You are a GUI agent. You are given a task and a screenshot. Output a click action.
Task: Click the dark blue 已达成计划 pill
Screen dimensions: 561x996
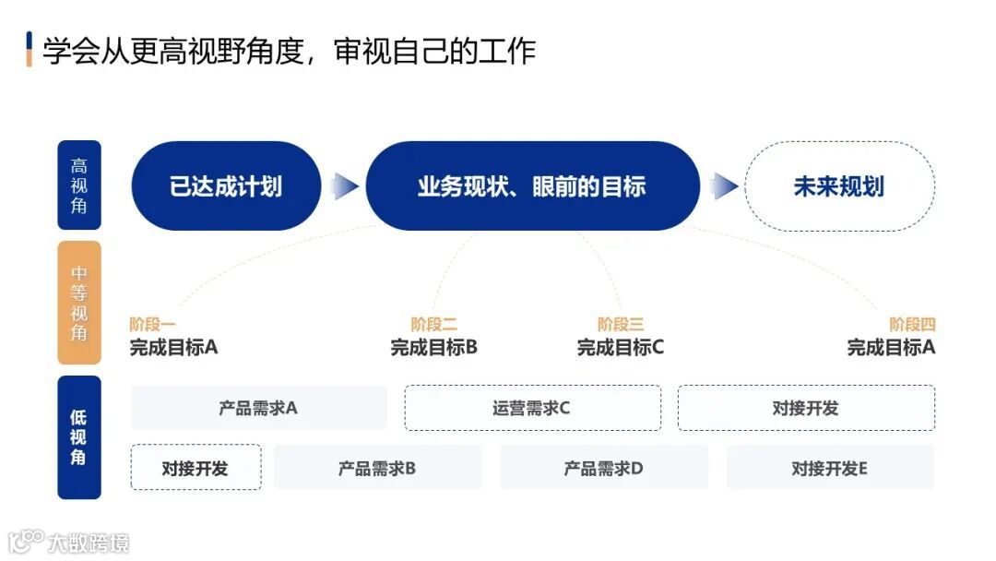pyautogui.click(x=226, y=186)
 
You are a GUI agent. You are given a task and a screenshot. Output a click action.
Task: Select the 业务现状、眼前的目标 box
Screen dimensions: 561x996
pyautogui.click(x=532, y=186)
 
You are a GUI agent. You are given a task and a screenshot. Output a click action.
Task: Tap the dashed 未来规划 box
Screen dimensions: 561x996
pyautogui.click(x=838, y=186)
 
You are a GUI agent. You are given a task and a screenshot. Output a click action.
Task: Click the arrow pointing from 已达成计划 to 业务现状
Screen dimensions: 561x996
pyautogui.click(x=345, y=186)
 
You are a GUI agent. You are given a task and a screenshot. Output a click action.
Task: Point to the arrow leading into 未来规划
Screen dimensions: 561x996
pyautogui.click(x=726, y=186)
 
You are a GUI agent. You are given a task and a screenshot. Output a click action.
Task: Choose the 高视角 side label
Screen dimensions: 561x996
pyautogui.click(x=79, y=185)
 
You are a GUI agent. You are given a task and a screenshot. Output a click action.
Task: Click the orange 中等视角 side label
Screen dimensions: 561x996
pyautogui.click(x=79, y=303)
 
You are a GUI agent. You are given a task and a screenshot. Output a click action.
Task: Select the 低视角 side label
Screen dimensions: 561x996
pyautogui.click(x=79, y=436)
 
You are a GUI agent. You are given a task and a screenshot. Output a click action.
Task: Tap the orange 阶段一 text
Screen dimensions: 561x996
pyautogui.click(x=152, y=325)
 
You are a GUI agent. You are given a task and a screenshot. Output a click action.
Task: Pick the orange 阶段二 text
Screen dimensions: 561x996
pyautogui.click(x=434, y=325)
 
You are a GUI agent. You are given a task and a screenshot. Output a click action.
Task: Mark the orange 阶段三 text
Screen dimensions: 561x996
pyautogui.click(x=621, y=325)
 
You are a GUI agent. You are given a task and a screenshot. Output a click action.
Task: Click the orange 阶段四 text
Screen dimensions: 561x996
pyautogui.click(x=912, y=325)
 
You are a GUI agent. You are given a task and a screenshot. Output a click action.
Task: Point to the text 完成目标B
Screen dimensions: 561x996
pyautogui.click(x=434, y=348)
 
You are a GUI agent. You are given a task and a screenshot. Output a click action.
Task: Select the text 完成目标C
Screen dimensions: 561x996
pyautogui.click(x=621, y=348)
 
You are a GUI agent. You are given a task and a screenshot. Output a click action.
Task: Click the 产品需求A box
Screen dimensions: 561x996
pyautogui.click(x=258, y=408)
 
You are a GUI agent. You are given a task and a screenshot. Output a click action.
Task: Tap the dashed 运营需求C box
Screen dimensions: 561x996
pyautogui.click(x=532, y=408)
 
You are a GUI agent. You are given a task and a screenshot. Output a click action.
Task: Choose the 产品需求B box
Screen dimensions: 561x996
pyautogui.click(x=377, y=468)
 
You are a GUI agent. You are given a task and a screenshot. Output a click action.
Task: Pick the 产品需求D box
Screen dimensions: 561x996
pyautogui.click(x=604, y=468)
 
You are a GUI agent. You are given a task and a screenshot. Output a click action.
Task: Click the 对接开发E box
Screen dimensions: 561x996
pyautogui.click(x=829, y=468)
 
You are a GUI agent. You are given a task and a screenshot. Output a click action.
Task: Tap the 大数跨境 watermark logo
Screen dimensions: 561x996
pyautogui.click(x=69, y=541)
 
